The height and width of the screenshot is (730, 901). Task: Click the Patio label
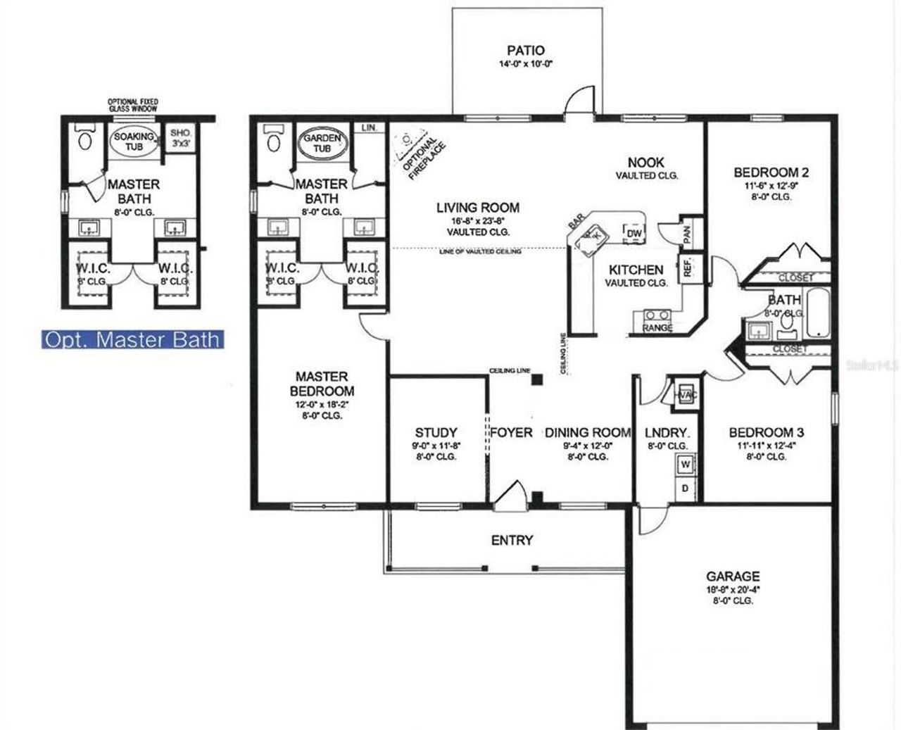[525, 51]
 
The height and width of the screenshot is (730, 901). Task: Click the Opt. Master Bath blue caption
[132, 340]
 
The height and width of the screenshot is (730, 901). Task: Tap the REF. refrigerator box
[688, 268]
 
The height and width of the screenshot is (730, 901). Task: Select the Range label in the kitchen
[657, 327]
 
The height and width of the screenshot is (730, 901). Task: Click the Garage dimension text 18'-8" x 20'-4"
[733, 589]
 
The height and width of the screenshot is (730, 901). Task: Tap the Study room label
[436, 432]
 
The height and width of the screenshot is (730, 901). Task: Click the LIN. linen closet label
[369, 128]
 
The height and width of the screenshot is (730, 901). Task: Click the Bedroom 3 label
[766, 432]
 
